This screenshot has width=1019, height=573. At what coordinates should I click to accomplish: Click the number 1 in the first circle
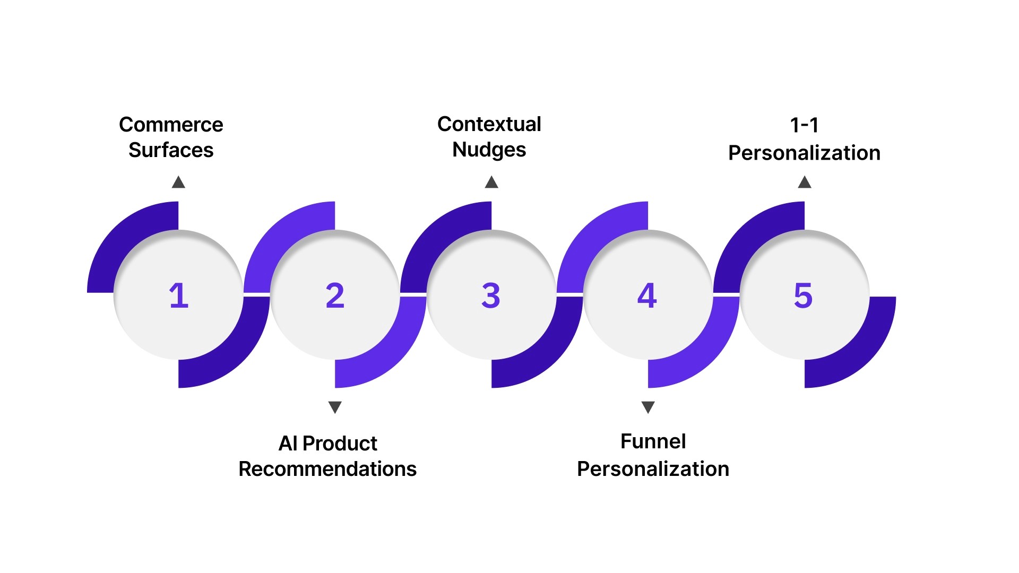pos(179,296)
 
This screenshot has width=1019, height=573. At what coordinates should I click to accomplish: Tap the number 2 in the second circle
pos(335,296)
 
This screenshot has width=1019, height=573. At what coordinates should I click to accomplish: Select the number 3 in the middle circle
pos(491,296)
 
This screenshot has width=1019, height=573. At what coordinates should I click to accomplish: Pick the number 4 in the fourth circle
pos(647,296)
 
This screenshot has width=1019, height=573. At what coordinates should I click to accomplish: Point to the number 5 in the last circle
pos(803,296)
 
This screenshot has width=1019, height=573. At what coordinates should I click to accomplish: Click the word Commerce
pos(171,125)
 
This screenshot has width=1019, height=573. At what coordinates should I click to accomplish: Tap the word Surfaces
pos(171,150)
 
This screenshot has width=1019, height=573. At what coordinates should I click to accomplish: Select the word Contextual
pos(489,124)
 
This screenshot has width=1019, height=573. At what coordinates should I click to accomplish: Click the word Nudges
pos(489,150)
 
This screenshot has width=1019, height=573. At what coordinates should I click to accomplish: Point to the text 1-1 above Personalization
pos(804,126)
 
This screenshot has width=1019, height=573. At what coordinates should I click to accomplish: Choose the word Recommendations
pos(327,469)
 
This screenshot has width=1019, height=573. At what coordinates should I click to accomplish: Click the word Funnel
pos(653,441)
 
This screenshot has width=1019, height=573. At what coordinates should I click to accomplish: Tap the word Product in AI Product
pos(340,444)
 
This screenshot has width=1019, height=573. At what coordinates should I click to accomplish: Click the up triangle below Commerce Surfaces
pos(178,183)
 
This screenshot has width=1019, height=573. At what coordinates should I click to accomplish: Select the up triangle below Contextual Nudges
pos(491,183)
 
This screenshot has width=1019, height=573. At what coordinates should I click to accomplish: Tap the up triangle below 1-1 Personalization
pos(805,183)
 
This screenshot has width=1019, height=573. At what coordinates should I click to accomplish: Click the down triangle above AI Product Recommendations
pos(335,407)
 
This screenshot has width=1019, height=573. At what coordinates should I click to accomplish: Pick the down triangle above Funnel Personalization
pos(648,407)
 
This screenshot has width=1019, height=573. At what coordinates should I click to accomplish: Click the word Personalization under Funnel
pos(653,469)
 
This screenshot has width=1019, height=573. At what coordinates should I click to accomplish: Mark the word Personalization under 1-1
pos(804,153)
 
